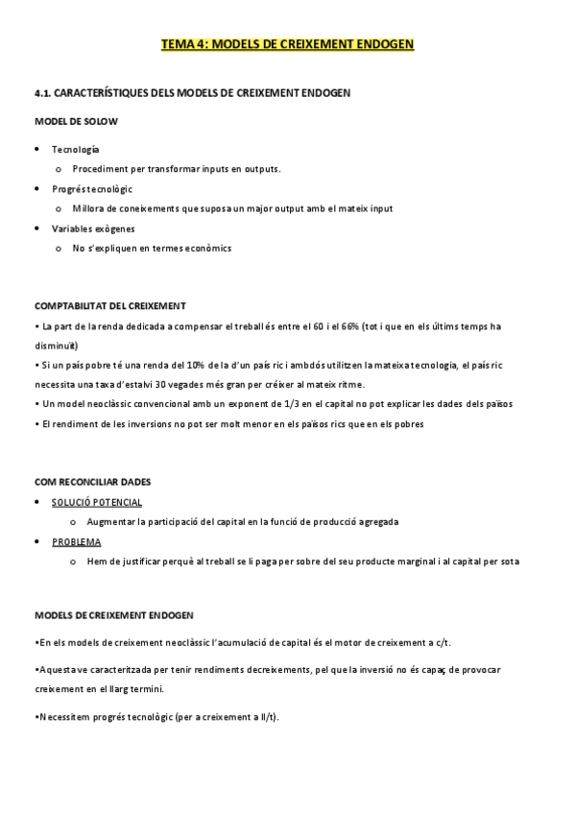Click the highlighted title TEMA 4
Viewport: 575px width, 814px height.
[287, 45]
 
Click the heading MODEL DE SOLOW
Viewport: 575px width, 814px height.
[77, 121]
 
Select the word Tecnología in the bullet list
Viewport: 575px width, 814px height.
[76, 149]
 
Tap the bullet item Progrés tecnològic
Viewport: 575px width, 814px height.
[92, 189]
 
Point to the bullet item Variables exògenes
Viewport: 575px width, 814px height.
[93, 228]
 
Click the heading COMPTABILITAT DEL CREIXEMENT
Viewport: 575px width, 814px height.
[110, 306]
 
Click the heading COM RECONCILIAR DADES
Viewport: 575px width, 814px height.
[93, 481]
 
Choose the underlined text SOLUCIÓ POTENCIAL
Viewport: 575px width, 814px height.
[97, 502]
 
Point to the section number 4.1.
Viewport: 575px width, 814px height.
[43, 93]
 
